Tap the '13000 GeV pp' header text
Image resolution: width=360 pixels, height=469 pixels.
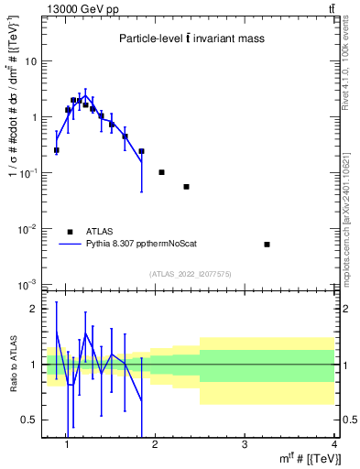tap(77, 8)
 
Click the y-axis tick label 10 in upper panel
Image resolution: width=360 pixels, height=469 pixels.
tap(30, 61)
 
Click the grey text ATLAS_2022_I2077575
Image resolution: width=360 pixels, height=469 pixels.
tap(191, 274)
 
